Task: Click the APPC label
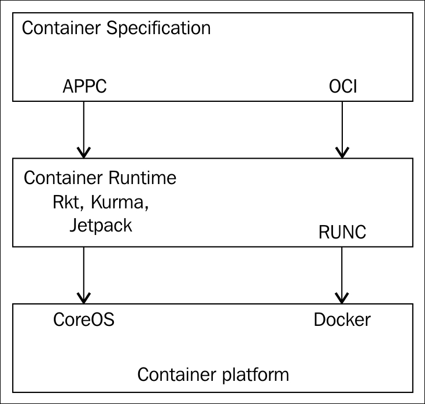[x=84, y=86]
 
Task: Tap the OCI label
[x=343, y=86]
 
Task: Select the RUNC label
[x=342, y=232]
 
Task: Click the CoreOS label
[x=84, y=319]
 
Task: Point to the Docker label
[x=342, y=319]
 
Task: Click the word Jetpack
[x=101, y=225]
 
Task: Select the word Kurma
[x=120, y=202]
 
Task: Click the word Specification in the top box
[x=158, y=28]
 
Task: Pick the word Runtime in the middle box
[x=142, y=178]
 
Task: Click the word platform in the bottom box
[x=256, y=375]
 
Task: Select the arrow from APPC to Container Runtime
[x=84, y=130]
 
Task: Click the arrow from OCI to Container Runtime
[x=342, y=130]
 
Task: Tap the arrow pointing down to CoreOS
[x=84, y=275]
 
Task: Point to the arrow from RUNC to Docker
[x=342, y=275]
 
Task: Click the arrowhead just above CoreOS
[x=84, y=299]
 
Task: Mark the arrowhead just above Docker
[x=342, y=299]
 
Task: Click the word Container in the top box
[x=61, y=28]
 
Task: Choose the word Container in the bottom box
[x=177, y=374]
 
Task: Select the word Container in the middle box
[x=63, y=178]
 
